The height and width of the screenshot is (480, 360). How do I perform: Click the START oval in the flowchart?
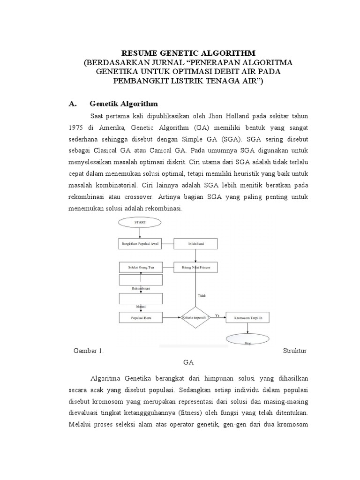[140, 222]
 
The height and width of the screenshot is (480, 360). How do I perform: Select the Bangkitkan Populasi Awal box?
[141, 244]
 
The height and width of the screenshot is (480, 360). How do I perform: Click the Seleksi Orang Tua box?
[141, 268]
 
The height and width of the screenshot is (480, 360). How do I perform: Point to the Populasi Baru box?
[141, 318]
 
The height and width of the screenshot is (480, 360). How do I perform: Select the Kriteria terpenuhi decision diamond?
[196, 318]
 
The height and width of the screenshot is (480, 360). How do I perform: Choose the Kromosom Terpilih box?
[248, 318]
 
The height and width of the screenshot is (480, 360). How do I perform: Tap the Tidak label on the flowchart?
[201, 296]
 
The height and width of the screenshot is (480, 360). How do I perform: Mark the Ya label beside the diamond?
[217, 315]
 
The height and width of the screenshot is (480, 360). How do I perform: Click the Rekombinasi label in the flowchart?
[140, 289]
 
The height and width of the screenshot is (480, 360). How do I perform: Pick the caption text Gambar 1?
[89, 351]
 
